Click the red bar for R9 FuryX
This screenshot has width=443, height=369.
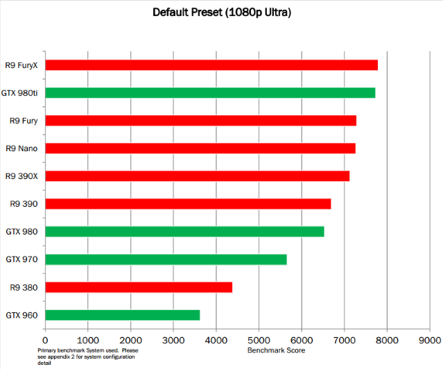point(211,65)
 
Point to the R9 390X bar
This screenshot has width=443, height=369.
point(197,176)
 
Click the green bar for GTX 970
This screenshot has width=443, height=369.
point(166,259)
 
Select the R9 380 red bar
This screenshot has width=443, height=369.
point(139,287)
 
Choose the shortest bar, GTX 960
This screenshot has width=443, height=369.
point(122,315)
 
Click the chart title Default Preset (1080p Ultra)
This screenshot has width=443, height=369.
point(221,12)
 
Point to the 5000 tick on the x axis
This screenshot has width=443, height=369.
point(259,340)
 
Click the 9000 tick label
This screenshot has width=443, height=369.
point(429,340)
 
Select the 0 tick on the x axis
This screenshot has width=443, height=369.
point(45,340)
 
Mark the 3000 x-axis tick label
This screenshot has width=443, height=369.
point(173,340)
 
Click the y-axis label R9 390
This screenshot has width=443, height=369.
point(24,204)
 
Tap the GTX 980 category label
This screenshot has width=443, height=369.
point(21,232)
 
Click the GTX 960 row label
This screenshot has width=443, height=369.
point(21,315)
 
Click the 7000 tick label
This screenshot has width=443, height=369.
point(344,340)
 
